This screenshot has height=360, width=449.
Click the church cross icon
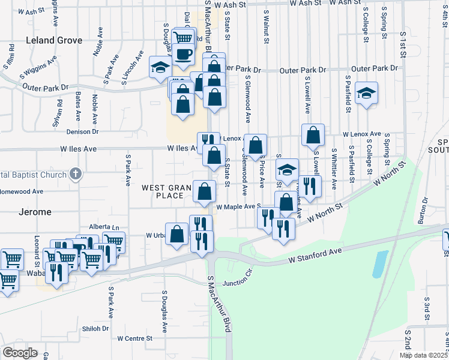[x=75, y=174]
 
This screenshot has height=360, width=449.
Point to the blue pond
[x=379, y=264]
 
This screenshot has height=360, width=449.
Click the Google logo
[x=20, y=352]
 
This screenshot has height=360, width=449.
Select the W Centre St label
[x=135, y=338]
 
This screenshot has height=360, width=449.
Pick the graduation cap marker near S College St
[x=366, y=93]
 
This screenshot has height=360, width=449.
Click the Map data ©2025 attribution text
[x=423, y=355]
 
